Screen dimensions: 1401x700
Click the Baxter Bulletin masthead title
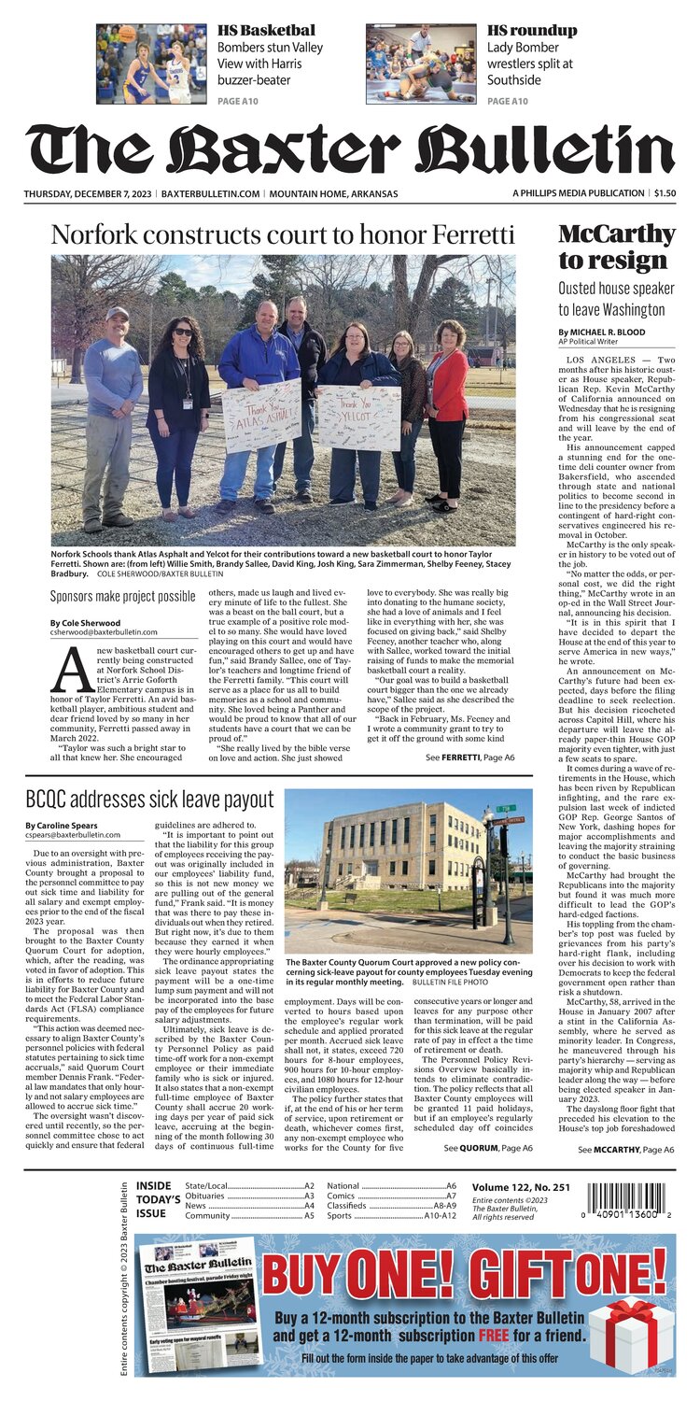350,149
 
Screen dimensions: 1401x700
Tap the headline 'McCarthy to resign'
616,247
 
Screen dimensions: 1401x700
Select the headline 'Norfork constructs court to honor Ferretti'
282,233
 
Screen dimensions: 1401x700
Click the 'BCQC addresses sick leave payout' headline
149,800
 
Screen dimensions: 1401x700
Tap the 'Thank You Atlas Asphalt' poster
262,415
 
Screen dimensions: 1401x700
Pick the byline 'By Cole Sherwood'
85,623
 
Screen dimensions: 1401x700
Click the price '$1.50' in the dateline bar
665,193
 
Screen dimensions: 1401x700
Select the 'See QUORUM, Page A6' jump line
488,1147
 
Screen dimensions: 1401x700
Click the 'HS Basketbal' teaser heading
266,30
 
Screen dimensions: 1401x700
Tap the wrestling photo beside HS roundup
421,64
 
